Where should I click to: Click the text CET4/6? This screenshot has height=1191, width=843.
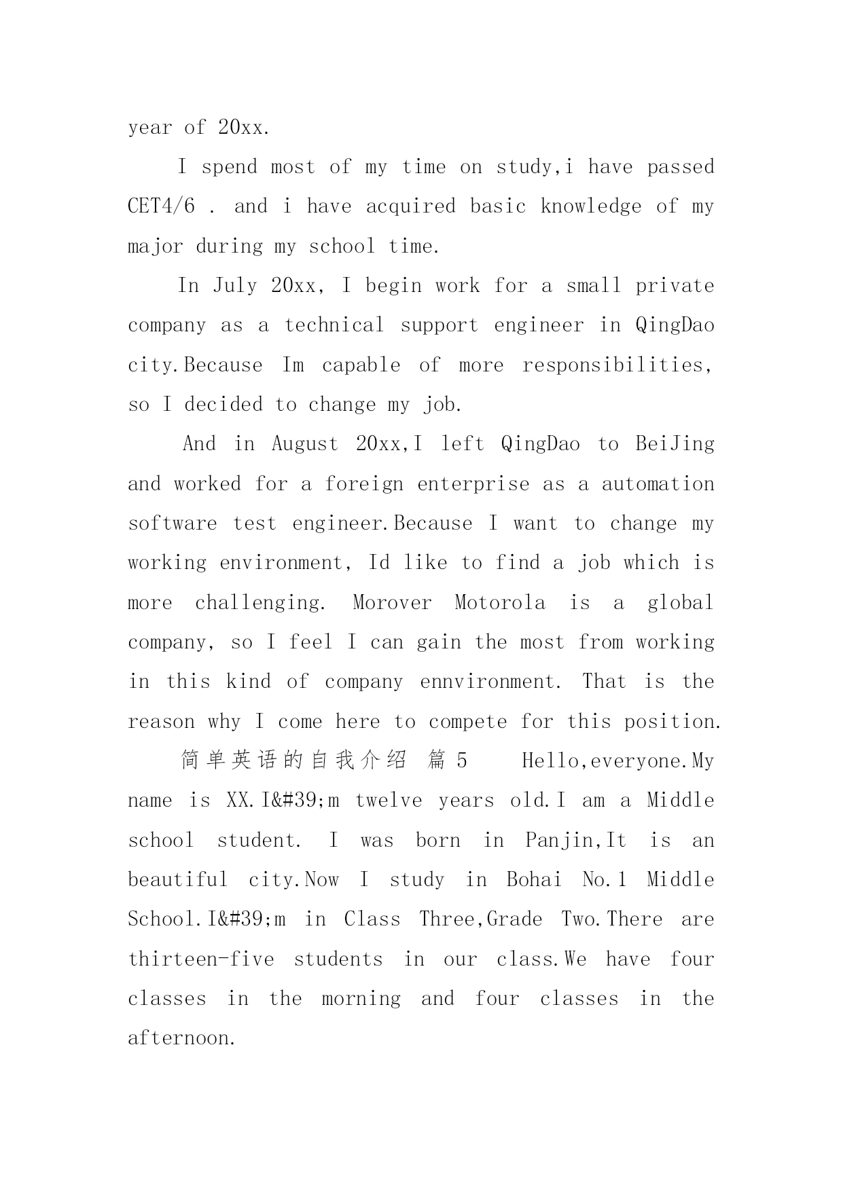point(161,206)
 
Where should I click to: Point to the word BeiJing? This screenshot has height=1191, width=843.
point(675,444)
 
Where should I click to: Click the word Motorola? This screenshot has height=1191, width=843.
point(500,603)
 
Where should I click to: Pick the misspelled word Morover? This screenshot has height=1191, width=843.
point(392,603)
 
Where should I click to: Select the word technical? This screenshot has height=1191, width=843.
point(334,325)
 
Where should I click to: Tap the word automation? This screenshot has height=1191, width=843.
point(658,484)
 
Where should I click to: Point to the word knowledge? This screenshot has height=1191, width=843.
point(590,206)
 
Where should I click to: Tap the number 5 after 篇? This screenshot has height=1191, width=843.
point(462,761)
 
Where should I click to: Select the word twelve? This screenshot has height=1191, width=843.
point(388,801)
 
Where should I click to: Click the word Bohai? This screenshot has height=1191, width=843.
point(534,880)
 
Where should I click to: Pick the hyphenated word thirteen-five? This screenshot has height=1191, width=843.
point(201,959)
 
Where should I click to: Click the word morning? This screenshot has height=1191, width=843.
point(361,999)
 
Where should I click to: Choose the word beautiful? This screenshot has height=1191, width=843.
point(178,880)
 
